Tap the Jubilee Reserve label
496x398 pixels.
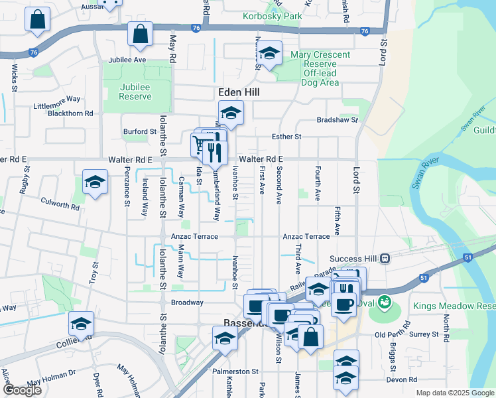click(135, 92)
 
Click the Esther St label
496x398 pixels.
click(286, 137)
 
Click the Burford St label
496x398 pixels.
click(139, 132)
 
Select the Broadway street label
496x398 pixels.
click(187, 302)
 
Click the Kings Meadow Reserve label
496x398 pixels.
click(454, 306)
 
